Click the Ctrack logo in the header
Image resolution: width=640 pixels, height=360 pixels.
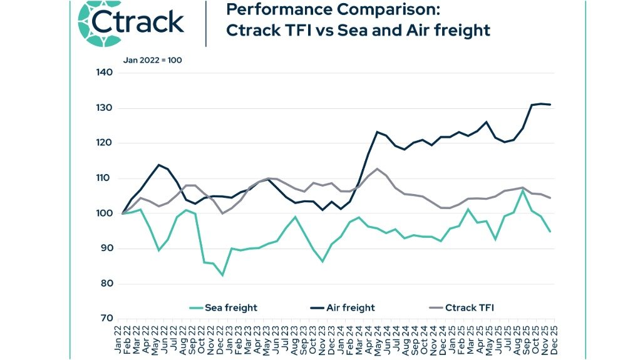tap(132, 23)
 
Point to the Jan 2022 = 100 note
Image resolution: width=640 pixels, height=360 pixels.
tap(152, 61)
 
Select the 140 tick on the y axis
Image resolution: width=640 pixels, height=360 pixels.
tap(104, 73)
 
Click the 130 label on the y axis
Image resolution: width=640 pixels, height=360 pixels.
tap(104, 108)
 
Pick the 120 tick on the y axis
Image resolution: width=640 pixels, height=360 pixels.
tap(104, 143)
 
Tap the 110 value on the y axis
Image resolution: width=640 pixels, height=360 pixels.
tap(104, 178)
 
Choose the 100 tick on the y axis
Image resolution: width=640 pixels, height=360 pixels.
tap(104, 213)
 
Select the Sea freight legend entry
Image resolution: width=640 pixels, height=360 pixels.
tap(224, 307)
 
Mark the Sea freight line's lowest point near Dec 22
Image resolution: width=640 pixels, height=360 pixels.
tap(222, 275)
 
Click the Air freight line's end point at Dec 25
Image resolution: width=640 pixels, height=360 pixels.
tap(550, 105)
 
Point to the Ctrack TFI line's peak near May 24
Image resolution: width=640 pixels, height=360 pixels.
tap(377, 168)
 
